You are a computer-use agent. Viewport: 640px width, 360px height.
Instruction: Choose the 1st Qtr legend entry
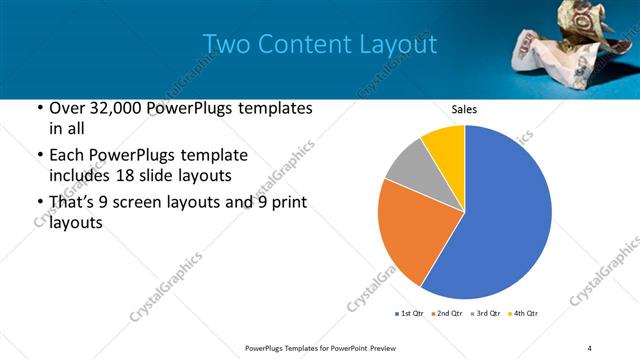(x=411, y=314)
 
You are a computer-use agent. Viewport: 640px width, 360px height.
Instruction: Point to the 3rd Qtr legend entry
(x=487, y=314)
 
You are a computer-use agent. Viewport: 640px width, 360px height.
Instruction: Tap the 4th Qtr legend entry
(x=525, y=314)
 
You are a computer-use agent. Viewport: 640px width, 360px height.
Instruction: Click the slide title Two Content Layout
(x=319, y=44)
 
